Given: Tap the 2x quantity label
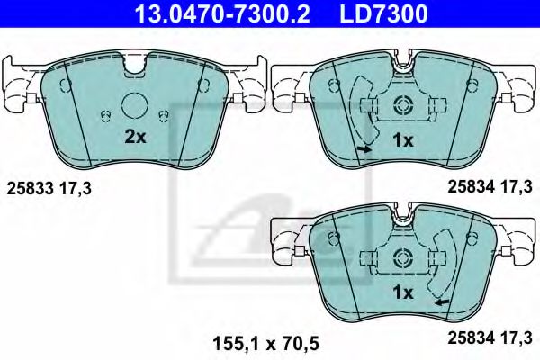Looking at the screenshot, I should pos(135,138).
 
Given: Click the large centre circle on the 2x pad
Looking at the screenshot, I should pos(136,105).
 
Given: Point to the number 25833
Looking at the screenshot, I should pos(28,188).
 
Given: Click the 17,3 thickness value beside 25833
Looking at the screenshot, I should pos(74,188).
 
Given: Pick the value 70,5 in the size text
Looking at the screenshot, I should pos(301,342).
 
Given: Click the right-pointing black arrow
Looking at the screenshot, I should pos(363,149).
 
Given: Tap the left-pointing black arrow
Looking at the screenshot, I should pos(439,302).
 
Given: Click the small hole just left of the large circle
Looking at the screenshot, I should pos(106,114).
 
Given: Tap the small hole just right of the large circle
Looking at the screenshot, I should pos(165,114).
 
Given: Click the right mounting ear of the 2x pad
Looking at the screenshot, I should pos(253,85).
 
